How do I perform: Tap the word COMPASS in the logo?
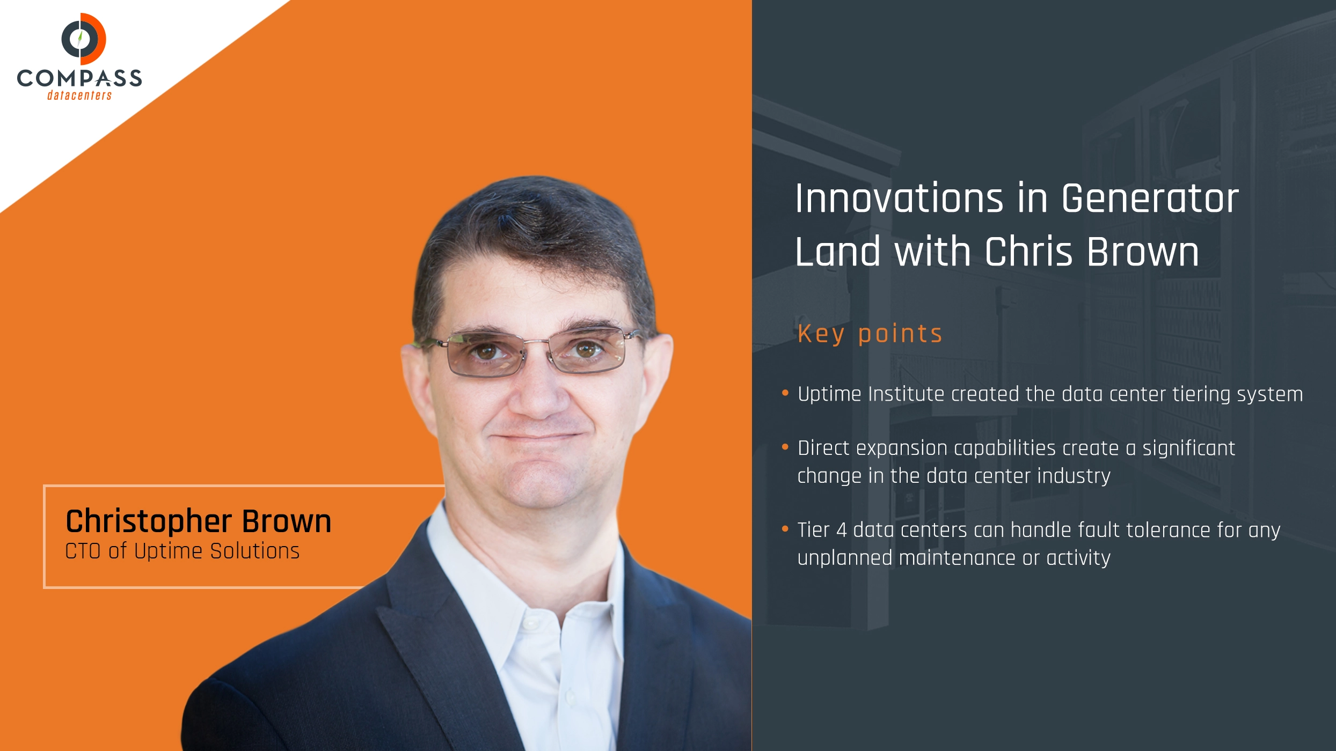pos(79,78)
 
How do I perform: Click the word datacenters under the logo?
pos(79,95)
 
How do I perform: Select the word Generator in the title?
pos(1150,198)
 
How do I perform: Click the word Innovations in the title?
pos(899,198)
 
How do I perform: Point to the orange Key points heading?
pos(870,334)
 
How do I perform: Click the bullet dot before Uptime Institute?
pos(785,393)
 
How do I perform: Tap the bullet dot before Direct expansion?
pos(785,447)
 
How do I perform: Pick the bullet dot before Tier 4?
pos(785,529)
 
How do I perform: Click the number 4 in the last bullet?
pos(842,530)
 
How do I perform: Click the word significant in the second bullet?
pos(1188,448)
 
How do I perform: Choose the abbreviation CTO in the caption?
pos(83,551)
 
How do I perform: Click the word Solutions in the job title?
pos(254,551)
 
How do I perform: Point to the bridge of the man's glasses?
pos(537,342)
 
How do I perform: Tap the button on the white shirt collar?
pos(531,623)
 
